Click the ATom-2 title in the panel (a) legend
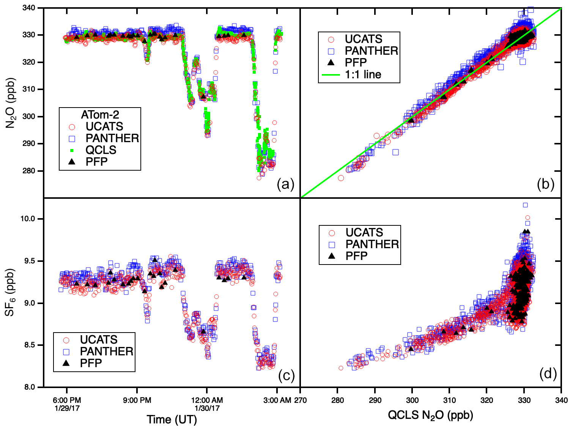coord(100,114)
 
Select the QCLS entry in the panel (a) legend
coord(101,150)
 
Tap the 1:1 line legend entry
coord(363,74)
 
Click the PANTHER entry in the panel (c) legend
coord(106,351)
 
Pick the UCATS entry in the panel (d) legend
coord(364,232)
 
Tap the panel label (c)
coord(286,376)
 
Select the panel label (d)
coord(548,374)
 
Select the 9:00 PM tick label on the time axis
coord(137,400)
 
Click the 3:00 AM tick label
coord(277,400)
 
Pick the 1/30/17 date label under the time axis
coord(207,409)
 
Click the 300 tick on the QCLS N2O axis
coord(412,400)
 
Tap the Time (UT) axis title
coord(172,420)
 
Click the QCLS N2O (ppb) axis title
coord(430,415)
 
